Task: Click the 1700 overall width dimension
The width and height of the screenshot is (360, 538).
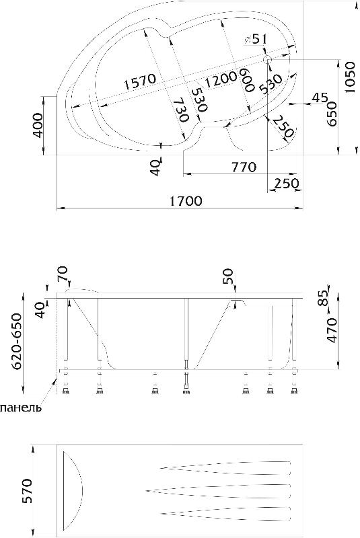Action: pyautogui.click(x=186, y=200)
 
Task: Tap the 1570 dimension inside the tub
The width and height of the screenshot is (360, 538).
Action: pyautogui.click(x=140, y=81)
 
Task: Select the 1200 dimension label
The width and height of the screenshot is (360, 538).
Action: pyautogui.click(x=220, y=79)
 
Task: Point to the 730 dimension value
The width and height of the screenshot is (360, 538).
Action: pyautogui.click(x=180, y=110)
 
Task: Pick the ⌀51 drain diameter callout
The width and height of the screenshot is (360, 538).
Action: pyautogui.click(x=255, y=39)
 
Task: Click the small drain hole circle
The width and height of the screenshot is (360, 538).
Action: pyautogui.click(x=267, y=60)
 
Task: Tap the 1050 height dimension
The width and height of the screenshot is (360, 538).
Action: pyautogui.click(x=349, y=77)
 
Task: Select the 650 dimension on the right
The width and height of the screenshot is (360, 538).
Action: pyautogui.click(x=332, y=114)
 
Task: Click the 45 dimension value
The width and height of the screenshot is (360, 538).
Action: pyautogui.click(x=320, y=98)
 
